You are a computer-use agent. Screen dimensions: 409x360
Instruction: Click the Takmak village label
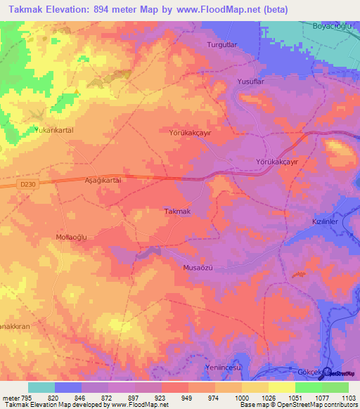[177, 212]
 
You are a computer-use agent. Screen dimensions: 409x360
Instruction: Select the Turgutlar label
[223, 44]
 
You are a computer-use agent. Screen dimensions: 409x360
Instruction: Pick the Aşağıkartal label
[103, 181]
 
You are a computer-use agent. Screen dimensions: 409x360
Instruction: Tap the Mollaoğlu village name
[70, 237]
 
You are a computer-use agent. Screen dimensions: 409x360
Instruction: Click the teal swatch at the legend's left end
[41, 387]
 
